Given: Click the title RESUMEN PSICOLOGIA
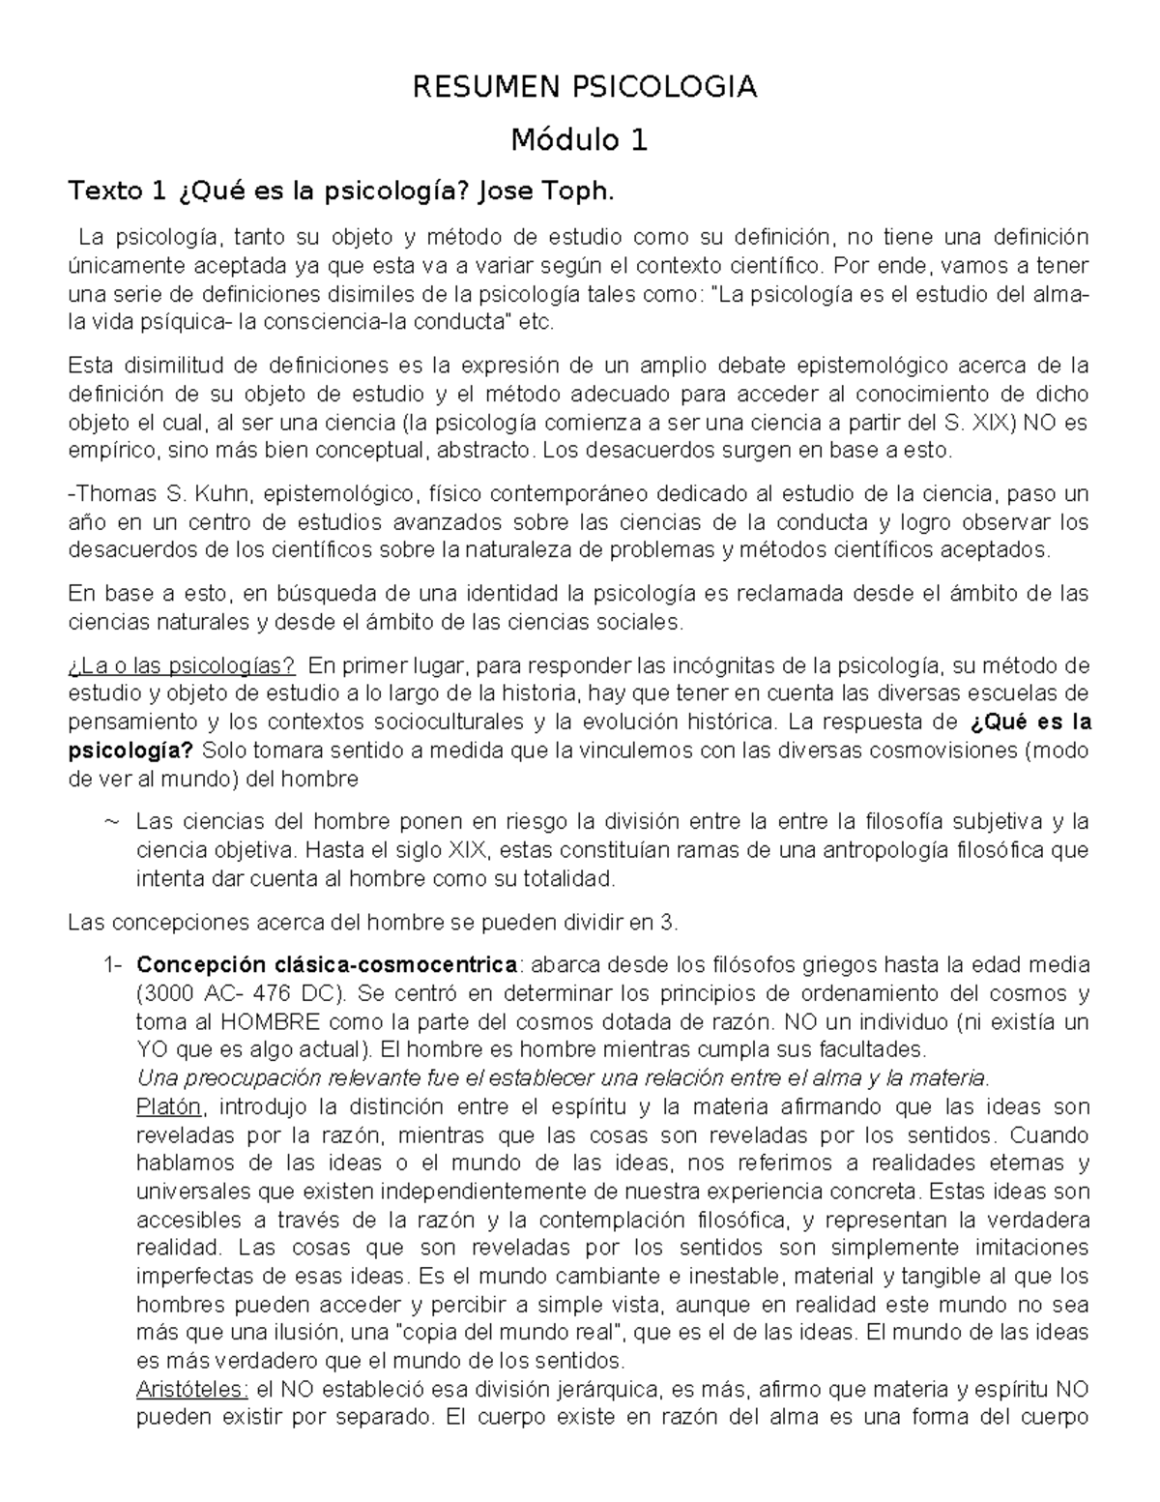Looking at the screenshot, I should [x=584, y=88].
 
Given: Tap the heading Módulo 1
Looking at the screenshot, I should [x=579, y=141].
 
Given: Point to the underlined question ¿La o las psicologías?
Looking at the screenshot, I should [x=182, y=665].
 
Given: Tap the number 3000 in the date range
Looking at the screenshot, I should [x=170, y=993].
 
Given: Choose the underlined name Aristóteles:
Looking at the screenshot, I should [x=192, y=1391].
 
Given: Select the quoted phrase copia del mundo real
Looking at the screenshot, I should [x=522, y=1334].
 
